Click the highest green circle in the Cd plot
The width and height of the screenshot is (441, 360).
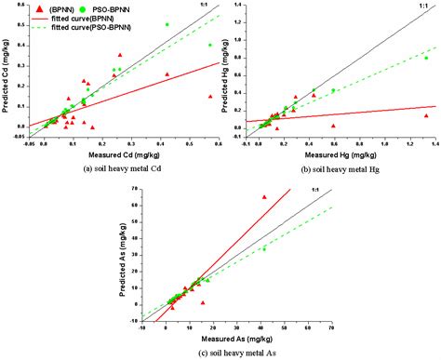pyautogui.click(x=167, y=24)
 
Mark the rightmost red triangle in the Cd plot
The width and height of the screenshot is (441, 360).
pyautogui.click(x=210, y=96)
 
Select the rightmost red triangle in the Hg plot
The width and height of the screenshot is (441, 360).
pyautogui.click(x=426, y=115)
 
